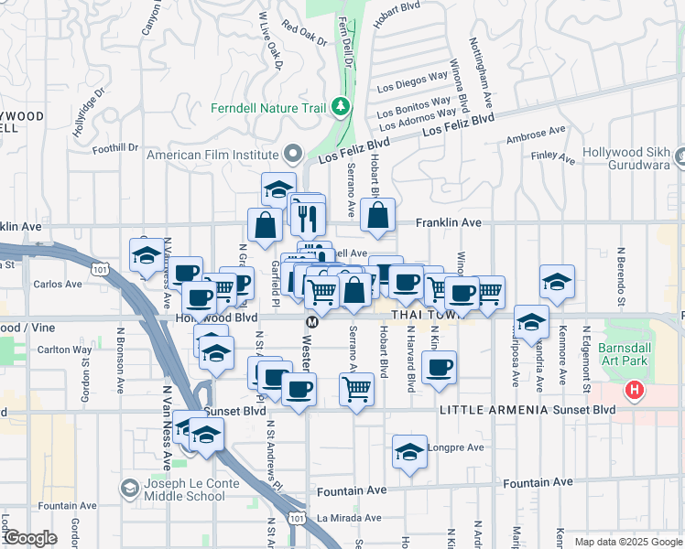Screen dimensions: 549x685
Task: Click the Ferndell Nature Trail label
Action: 268,108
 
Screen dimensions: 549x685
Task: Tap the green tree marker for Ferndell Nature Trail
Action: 342,107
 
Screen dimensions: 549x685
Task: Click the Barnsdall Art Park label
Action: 628,357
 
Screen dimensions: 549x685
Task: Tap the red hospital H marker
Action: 634,392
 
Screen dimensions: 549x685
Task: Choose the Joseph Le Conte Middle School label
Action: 184,490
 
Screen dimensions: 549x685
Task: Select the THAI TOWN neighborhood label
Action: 421,314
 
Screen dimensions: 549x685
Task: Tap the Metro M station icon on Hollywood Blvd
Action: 311,321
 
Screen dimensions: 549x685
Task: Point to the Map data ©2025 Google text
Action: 626,542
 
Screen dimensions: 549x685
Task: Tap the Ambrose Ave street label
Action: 537,136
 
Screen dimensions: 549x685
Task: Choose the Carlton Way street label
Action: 64,350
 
